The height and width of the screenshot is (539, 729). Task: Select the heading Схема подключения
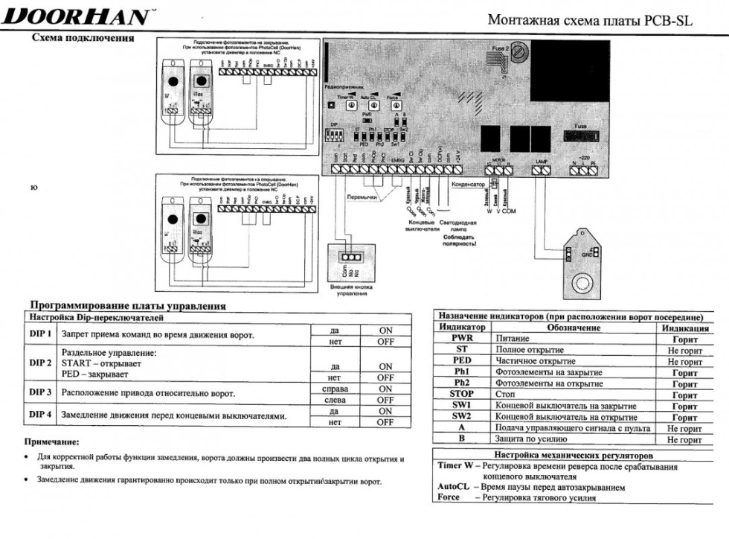83,39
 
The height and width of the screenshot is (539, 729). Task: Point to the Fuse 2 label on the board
500,48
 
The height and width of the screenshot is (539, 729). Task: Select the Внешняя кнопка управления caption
347,290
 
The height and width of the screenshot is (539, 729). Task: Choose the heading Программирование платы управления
126,306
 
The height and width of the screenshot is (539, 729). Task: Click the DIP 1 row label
39,334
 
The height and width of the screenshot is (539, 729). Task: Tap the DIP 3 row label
39,392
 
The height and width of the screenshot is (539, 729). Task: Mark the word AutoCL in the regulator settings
452,487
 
